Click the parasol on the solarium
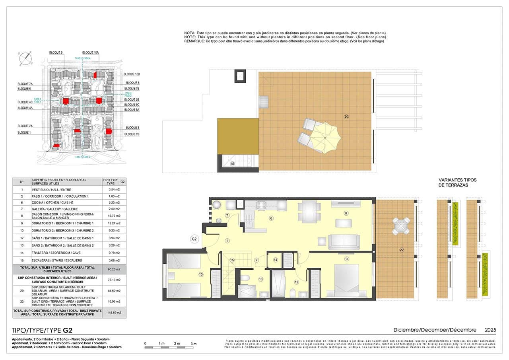[x=325, y=137]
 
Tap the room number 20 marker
[x=346, y=117]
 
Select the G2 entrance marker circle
[x=194, y=239]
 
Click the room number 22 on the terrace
[x=402, y=250]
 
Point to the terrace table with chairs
[x=400, y=226]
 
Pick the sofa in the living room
[x=344, y=242]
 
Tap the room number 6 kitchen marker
[x=271, y=218]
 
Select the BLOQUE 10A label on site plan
[x=91, y=53]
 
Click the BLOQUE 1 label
[x=24, y=132]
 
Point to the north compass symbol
[x=25, y=58]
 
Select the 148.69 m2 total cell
[x=114, y=313]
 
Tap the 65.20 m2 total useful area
[x=114, y=269]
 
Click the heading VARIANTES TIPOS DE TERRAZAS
[x=457, y=183]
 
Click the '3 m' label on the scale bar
[x=194, y=343]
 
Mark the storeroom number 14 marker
[x=276, y=260]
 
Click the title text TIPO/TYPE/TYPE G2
[x=43, y=330]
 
